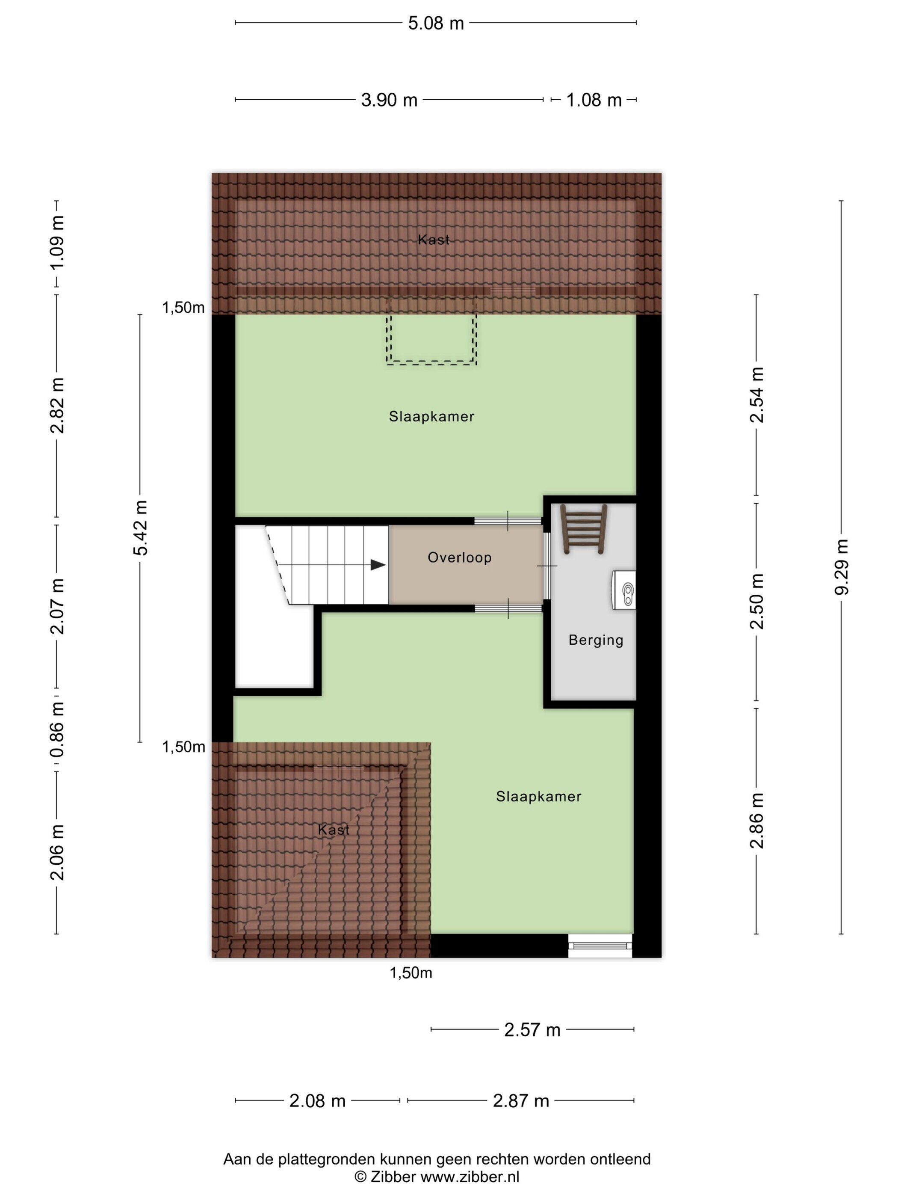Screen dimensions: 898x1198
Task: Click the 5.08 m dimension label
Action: (436, 23)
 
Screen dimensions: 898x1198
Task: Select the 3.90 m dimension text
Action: (389, 100)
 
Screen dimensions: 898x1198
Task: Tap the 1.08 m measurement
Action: (594, 100)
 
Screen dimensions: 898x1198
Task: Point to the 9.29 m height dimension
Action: (841, 566)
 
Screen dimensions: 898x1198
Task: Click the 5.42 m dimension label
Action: (140, 528)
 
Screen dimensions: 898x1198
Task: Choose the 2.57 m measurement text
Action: (532, 1030)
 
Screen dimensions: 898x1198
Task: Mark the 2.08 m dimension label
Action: (317, 1101)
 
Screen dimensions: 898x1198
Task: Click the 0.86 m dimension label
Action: (57, 729)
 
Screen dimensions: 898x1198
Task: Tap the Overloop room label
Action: (460, 557)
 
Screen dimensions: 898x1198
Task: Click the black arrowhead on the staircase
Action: (378, 565)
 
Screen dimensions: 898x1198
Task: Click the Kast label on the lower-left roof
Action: (334, 829)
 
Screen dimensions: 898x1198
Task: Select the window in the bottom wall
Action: (600, 946)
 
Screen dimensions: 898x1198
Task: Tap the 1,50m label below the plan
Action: (411, 973)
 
